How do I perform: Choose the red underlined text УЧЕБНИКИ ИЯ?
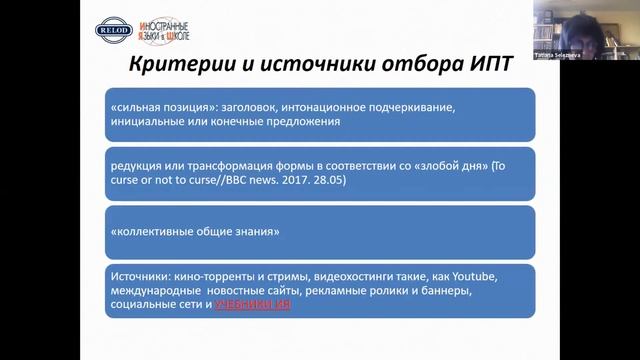[253, 303]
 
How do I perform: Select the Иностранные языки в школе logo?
[161, 31]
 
